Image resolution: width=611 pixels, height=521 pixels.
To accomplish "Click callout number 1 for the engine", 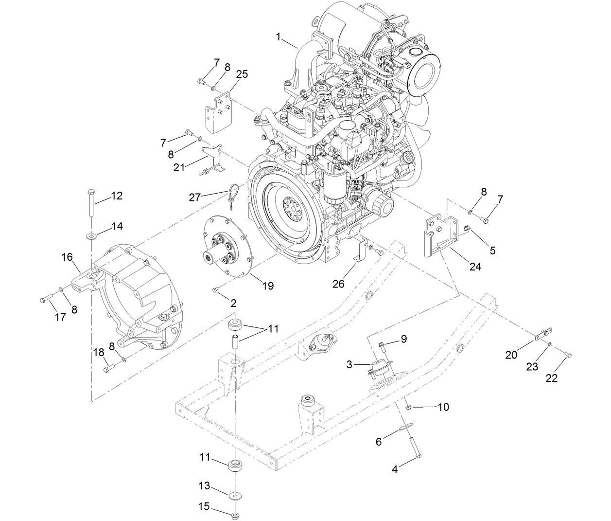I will click(279, 36).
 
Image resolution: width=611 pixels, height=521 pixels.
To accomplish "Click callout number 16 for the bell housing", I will click(67, 257).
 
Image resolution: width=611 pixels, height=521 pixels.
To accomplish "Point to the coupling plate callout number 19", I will click(268, 286).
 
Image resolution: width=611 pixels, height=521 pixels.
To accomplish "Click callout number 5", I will click(492, 251).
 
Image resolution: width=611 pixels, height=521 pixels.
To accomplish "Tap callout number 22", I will click(552, 378).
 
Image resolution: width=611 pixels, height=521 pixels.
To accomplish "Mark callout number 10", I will click(443, 407).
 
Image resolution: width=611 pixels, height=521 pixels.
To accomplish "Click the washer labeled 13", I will click(236, 495).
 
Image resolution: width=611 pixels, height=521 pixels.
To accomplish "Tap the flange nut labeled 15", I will click(235, 514).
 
